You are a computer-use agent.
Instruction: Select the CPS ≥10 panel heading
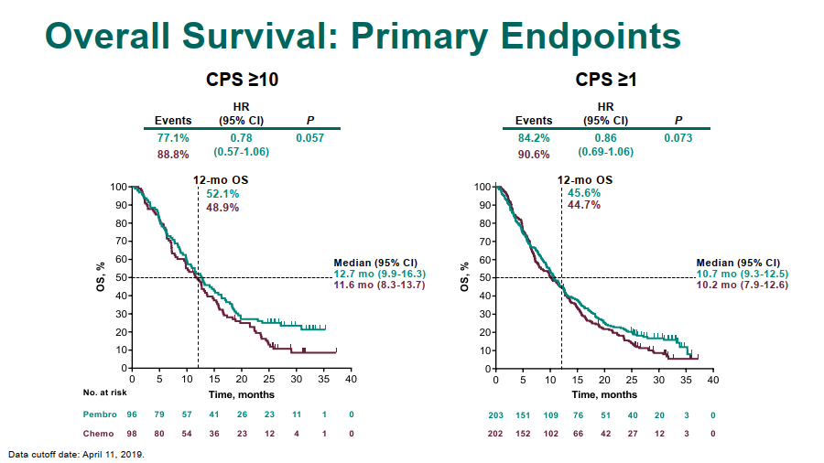click(243, 81)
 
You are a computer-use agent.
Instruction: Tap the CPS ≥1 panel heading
click(606, 81)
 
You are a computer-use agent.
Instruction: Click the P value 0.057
click(309, 138)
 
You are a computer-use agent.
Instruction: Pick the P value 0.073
click(678, 138)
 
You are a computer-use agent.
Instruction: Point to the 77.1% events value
click(173, 138)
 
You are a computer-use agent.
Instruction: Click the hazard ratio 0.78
click(241, 138)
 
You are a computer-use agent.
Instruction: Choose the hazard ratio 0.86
click(605, 138)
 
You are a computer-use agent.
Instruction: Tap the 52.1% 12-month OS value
click(223, 195)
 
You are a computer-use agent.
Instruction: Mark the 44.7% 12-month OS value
click(584, 206)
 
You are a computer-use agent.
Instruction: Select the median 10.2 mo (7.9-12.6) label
click(743, 285)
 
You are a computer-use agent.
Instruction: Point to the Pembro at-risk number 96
click(133, 415)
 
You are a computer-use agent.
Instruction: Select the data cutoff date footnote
click(76, 454)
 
